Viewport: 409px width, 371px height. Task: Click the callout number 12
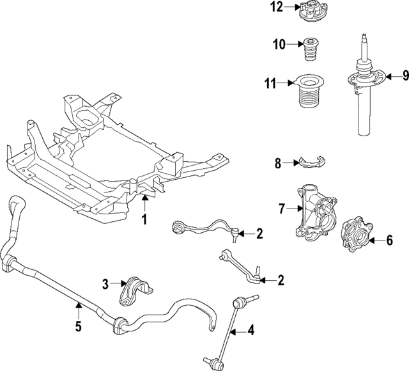pos(276,8)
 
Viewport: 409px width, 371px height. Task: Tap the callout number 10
pos(279,44)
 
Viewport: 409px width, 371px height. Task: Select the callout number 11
pos(271,83)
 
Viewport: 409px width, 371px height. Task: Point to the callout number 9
pos(404,76)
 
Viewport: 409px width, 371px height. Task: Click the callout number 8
pos(278,163)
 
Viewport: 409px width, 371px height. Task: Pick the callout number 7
pos(281,208)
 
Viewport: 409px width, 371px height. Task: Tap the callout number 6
pos(389,241)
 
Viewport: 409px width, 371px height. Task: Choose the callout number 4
pos(251,331)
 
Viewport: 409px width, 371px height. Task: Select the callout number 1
pos(144,221)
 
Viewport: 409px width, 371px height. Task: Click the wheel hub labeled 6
pos(356,235)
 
